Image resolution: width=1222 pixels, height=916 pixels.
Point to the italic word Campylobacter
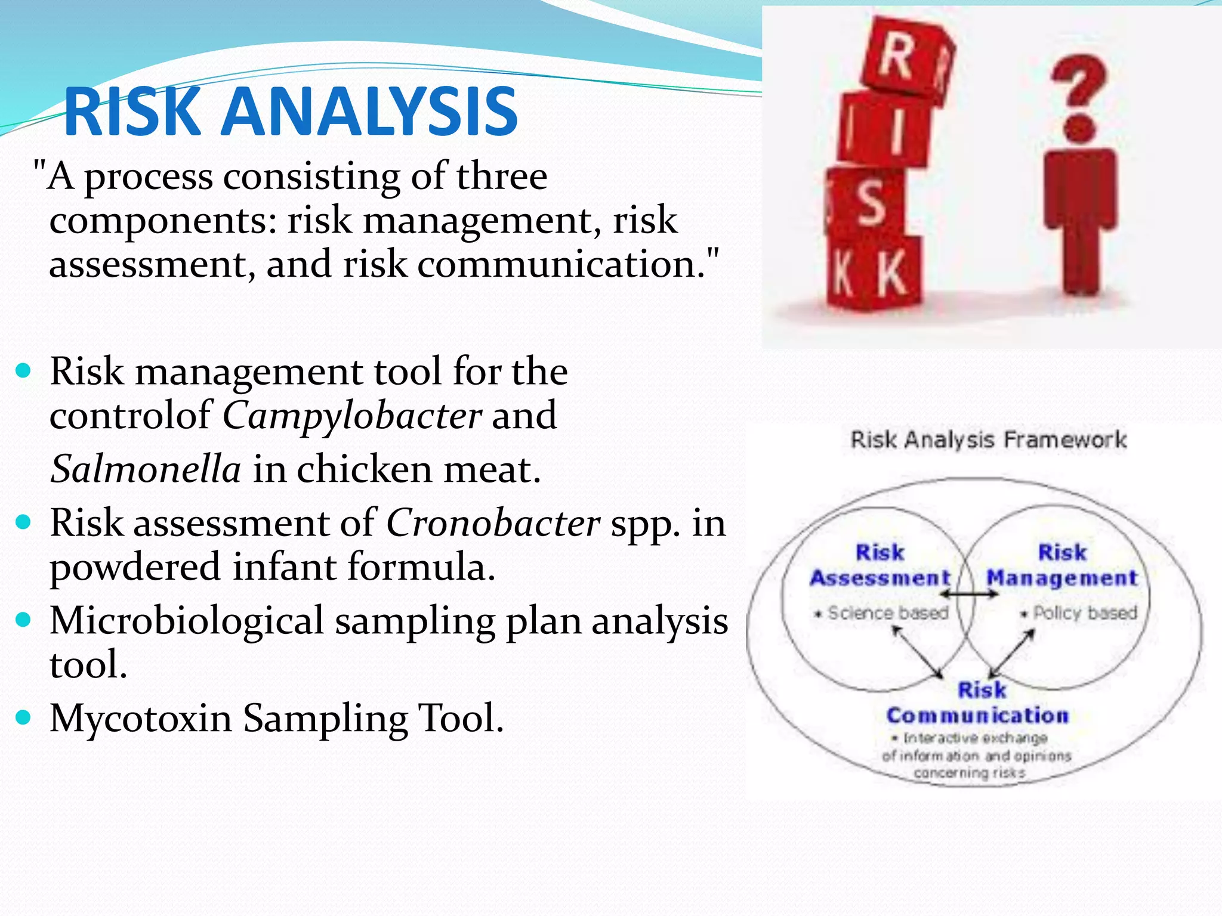352,416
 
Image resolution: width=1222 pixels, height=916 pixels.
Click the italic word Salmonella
146,469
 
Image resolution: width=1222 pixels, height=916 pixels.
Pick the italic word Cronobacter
493,524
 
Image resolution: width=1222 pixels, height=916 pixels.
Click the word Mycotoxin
141,718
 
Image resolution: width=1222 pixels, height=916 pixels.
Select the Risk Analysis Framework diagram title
988,440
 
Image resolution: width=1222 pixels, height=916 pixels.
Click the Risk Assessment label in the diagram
880,565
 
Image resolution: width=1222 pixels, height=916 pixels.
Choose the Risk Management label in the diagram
1062,565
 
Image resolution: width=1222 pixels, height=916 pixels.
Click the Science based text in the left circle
887,613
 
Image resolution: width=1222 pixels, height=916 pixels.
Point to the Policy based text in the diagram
1084,613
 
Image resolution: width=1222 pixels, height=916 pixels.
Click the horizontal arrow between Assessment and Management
968,594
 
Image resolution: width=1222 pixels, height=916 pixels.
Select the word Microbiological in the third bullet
186,621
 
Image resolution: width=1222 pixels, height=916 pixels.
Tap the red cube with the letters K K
872,273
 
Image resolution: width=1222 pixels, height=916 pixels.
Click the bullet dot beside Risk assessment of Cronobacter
23,523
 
